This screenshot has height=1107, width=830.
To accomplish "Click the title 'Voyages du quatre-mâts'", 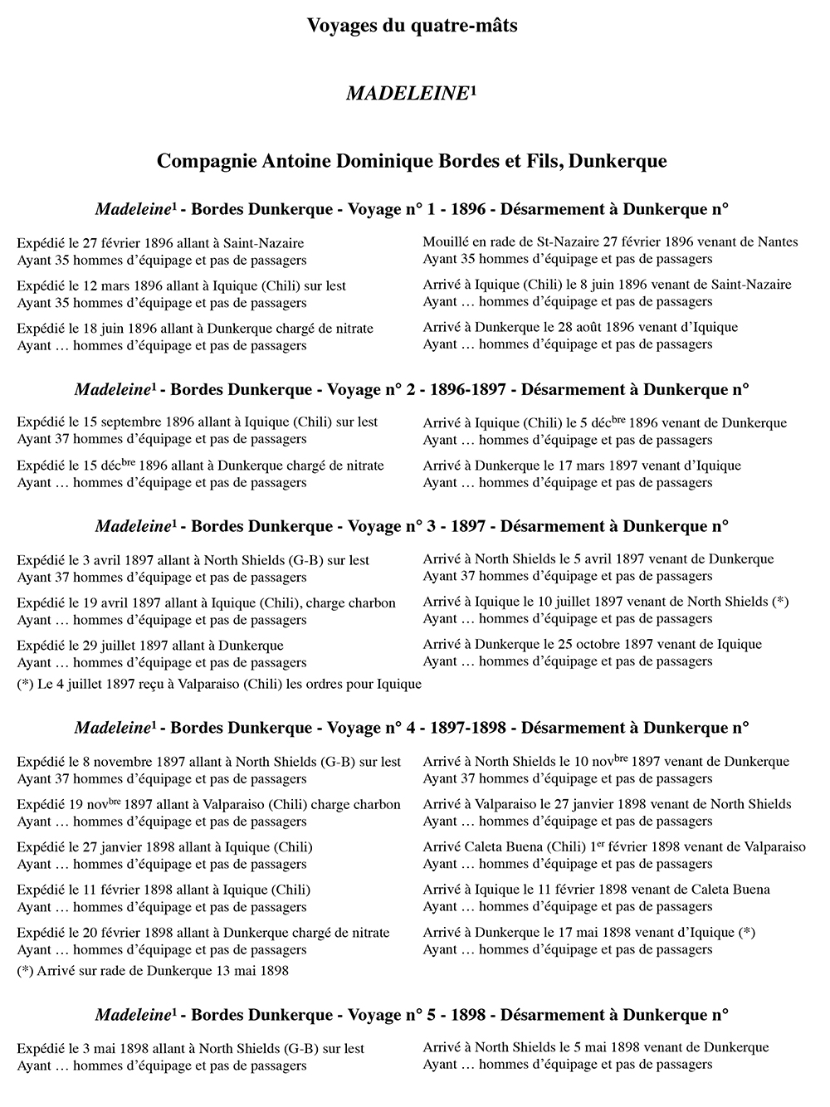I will (412, 26).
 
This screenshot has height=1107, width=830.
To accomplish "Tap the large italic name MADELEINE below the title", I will (407, 94).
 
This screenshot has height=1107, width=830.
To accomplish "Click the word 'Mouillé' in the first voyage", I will (447, 242).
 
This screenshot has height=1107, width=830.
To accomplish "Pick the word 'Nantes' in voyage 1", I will (778, 242).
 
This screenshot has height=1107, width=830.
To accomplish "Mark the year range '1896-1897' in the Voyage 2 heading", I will (474, 389).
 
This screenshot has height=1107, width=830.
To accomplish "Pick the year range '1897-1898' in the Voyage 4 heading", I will (474, 728).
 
